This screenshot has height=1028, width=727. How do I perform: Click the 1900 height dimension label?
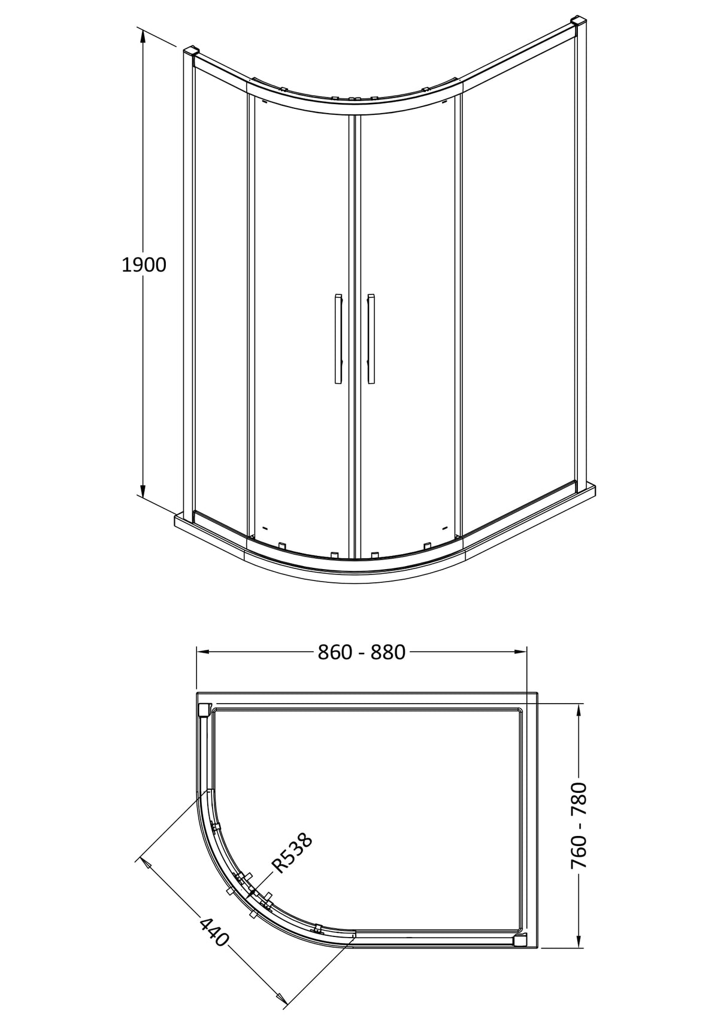(144, 264)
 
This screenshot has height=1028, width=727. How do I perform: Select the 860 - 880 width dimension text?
(362, 652)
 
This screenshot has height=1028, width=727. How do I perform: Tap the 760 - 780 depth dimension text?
(578, 826)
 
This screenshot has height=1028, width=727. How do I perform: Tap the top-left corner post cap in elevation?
(190, 51)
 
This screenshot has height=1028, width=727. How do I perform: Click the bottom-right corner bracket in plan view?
(519, 940)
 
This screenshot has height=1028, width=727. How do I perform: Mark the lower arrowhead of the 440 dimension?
(278, 997)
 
